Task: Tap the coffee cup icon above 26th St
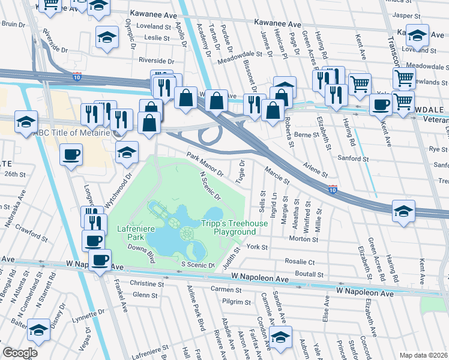[x=71, y=155]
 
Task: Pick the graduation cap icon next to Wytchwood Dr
[x=127, y=151]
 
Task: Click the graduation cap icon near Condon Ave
[x=280, y=336]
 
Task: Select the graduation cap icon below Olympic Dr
[x=107, y=37]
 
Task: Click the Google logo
[x=20, y=352]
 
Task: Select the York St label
[x=256, y=247]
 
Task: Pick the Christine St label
[x=143, y=283]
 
